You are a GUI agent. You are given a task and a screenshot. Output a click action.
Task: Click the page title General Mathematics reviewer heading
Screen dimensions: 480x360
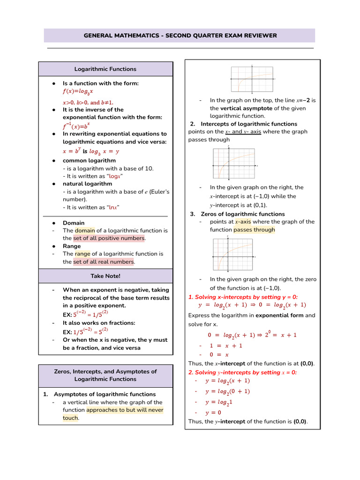coord(180,36)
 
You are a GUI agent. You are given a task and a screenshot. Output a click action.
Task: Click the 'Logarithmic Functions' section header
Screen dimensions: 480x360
coord(105,69)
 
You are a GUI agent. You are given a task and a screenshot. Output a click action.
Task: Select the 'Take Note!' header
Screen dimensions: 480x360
coord(105,276)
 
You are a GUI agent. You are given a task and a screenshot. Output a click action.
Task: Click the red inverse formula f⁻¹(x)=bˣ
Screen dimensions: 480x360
coord(76,126)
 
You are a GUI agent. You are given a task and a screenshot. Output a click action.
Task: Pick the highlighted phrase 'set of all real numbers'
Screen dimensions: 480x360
coord(104,262)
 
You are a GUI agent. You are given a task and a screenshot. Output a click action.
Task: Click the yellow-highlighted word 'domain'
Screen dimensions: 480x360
coord(85,231)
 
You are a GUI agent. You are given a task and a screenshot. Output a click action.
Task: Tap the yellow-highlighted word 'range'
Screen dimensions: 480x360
coord(82,254)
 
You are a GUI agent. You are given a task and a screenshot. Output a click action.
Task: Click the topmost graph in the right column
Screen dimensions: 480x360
coord(252,79)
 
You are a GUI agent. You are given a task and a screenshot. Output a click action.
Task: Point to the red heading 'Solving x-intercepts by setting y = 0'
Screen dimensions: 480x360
coord(243,297)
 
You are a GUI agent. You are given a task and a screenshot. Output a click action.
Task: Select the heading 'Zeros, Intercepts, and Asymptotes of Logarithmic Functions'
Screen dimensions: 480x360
coord(105,375)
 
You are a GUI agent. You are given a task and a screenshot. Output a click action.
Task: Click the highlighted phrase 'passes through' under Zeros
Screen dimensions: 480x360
coord(254,230)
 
